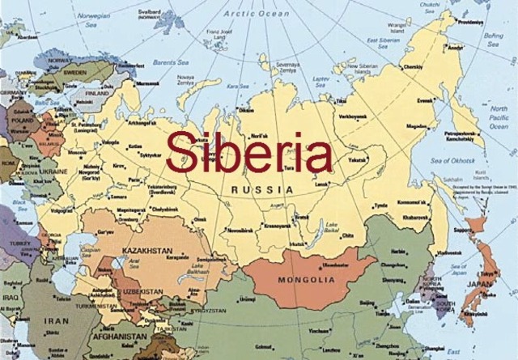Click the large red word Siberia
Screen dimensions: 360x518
point(248,152)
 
